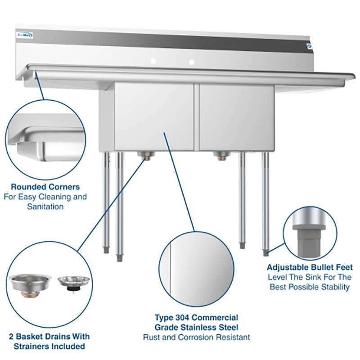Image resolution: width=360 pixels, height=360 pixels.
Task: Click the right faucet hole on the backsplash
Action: point(191,61)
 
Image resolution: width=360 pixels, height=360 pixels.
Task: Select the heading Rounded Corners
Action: point(45,187)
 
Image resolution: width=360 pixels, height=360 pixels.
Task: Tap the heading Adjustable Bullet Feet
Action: point(310,267)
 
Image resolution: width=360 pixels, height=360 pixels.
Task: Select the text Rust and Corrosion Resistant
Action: point(196,337)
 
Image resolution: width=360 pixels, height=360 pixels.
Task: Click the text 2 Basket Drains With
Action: point(49,337)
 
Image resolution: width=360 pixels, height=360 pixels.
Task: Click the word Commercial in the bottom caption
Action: point(216,318)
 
